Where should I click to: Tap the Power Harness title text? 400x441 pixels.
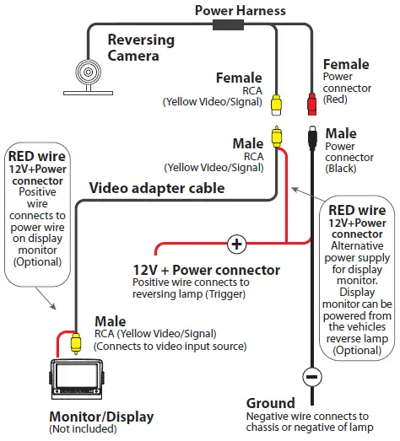pyautogui.click(x=240, y=11)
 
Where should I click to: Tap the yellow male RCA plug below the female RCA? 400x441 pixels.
pyautogui.click(x=276, y=135)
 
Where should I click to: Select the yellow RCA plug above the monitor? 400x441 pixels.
pyautogui.click(x=76, y=342)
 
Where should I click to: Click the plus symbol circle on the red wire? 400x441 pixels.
pyautogui.click(x=236, y=245)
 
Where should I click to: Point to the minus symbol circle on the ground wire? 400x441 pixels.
pyautogui.click(x=311, y=376)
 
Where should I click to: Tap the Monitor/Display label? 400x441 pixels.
pyautogui.click(x=101, y=417)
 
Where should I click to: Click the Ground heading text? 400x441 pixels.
pyautogui.click(x=270, y=403)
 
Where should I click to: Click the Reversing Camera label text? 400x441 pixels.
pyautogui.click(x=141, y=48)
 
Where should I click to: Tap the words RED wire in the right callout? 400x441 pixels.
pyautogui.click(x=355, y=210)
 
